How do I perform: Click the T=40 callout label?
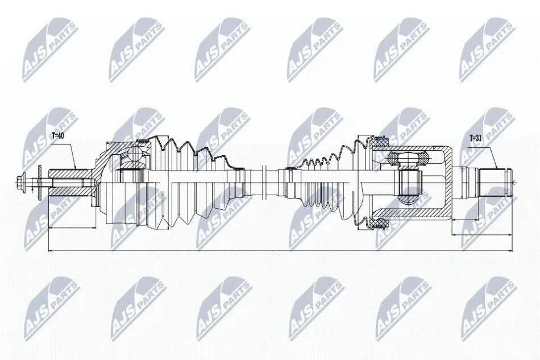58,136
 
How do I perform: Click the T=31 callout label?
476,139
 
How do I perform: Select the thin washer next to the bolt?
40,182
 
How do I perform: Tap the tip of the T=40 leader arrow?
76,169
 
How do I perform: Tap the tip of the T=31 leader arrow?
497,168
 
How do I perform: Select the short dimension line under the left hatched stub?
72,227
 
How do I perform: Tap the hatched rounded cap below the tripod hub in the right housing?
409,199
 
